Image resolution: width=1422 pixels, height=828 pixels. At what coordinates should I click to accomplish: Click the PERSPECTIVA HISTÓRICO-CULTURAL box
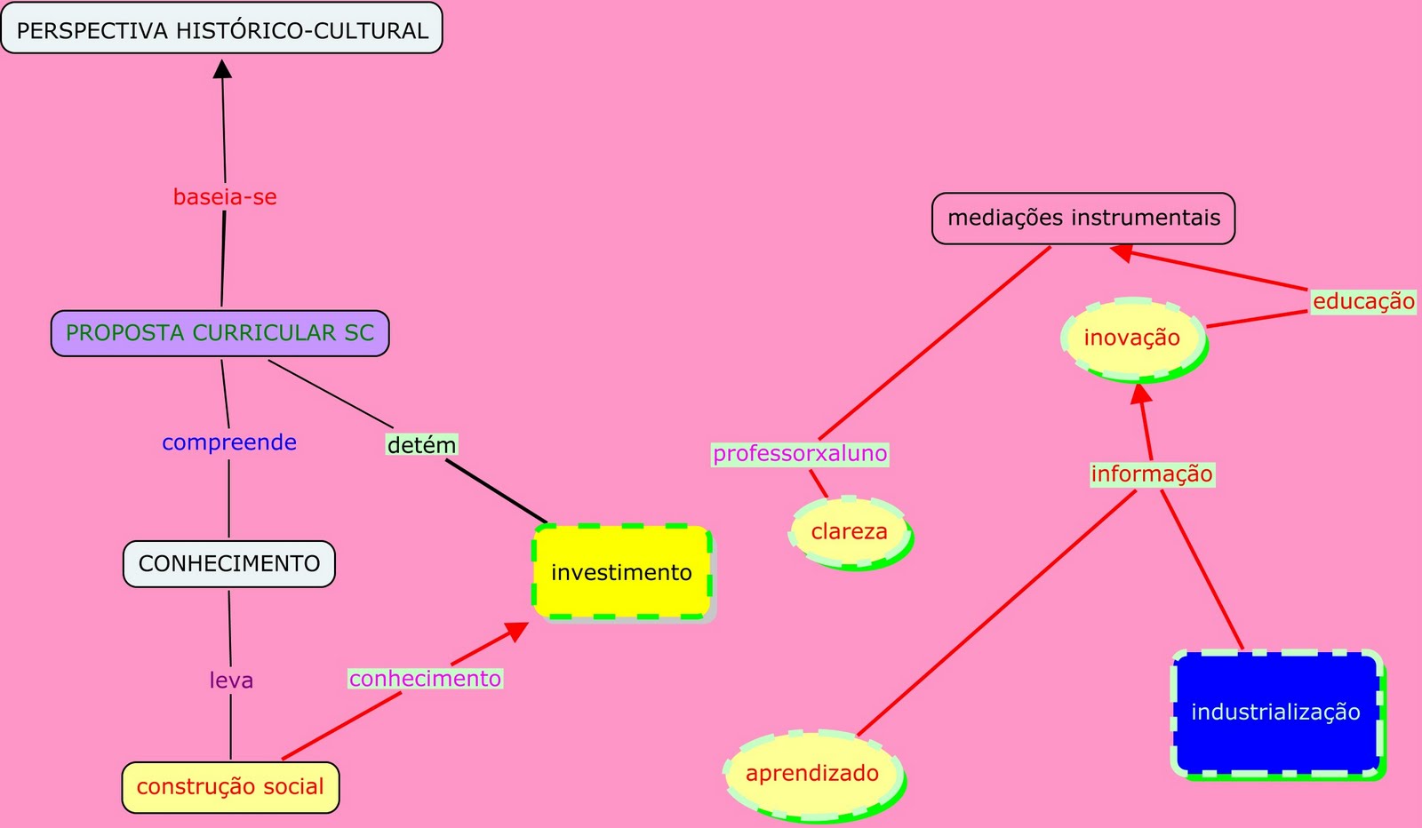point(222,28)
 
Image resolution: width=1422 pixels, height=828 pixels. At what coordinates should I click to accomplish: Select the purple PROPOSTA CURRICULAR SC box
point(220,333)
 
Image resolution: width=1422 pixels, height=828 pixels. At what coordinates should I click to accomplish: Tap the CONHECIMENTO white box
point(229,564)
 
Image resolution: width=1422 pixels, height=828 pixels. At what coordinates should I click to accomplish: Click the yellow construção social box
point(230,787)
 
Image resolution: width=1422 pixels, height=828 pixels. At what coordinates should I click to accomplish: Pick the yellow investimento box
point(621,572)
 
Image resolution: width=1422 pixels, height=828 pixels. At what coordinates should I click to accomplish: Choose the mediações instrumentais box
point(1083,218)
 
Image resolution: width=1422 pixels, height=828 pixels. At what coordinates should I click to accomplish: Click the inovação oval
point(1132,338)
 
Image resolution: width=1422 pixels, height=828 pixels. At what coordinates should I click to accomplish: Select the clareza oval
point(849,531)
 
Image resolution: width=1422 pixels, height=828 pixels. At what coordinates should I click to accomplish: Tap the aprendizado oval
point(812,774)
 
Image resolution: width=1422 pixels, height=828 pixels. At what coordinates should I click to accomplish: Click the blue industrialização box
point(1275,713)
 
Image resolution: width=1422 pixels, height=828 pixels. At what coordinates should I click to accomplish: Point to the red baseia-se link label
point(225,197)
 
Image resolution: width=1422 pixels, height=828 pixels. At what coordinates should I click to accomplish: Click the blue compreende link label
point(229,442)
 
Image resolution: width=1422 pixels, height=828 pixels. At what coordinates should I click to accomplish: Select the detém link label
point(421,445)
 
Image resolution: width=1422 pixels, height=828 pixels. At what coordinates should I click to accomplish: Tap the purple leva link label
point(231,681)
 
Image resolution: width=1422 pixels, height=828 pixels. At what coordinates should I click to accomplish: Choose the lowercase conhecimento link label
point(425,679)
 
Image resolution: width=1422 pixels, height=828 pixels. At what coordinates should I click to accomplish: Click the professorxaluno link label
point(800,454)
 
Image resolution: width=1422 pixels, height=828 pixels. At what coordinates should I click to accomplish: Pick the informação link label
point(1152,474)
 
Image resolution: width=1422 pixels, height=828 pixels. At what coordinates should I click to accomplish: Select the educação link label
point(1363,302)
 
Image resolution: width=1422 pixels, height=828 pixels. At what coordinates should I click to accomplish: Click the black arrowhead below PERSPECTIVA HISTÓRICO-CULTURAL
point(222,68)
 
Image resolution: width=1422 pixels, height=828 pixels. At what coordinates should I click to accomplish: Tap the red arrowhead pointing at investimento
point(517,630)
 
